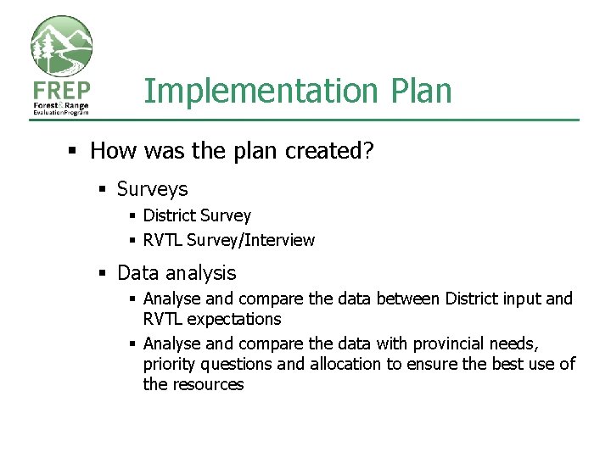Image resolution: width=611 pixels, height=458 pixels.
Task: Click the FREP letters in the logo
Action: [61, 91]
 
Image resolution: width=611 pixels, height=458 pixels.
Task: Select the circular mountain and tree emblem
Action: [61, 47]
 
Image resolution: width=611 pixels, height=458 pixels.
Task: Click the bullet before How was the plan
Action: [74, 151]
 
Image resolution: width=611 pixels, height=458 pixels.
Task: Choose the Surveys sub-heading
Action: [152, 189]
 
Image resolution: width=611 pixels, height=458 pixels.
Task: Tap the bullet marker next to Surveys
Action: [102, 189]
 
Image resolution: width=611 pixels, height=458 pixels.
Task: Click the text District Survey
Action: [197, 216]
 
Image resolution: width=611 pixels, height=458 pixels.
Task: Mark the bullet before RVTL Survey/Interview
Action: [132, 240]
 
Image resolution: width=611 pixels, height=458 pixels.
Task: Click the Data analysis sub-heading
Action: [177, 273]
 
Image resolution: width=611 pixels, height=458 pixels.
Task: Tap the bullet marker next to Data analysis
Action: [102, 273]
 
